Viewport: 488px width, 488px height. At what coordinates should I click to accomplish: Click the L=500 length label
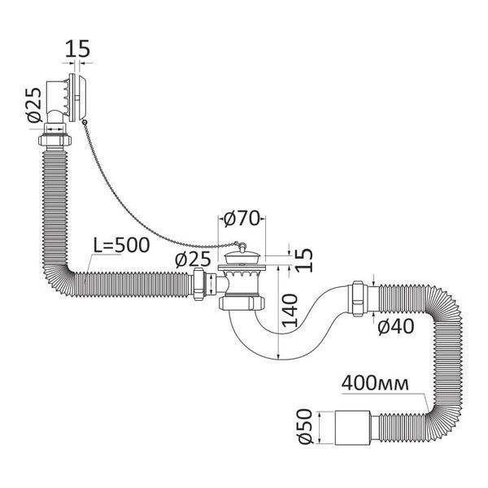pyautogui.click(x=122, y=246)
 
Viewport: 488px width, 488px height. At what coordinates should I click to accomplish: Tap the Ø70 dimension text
pyautogui.click(x=242, y=218)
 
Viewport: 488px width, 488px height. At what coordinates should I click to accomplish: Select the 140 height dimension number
pyautogui.click(x=290, y=311)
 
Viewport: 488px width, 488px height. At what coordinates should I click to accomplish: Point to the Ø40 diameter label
pyautogui.click(x=396, y=327)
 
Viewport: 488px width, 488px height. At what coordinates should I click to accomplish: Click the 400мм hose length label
pyautogui.click(x=375, y=384)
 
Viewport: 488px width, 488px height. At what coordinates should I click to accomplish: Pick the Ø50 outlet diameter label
pyautogui.click(x=305, y=427)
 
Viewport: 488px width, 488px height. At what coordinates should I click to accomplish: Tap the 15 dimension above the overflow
pyautogui.click(x=77, y=49)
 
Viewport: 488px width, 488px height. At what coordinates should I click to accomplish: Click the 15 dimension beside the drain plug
pyautogui.click(x=304, y=260)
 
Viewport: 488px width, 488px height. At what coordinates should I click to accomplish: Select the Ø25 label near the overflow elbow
pyautogui.click(x=33, y=105)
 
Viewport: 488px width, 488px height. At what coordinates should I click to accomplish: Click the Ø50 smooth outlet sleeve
pyautogui.click(x=352, y=427)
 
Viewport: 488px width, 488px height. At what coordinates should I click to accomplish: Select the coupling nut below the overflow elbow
pyautogui.click(x=55, y=140)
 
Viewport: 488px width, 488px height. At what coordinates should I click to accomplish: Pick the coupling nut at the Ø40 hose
pyautogui.click(x=359, y=298)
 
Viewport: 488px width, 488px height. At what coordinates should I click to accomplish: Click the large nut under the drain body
pyautogui.click(x=242, y=303)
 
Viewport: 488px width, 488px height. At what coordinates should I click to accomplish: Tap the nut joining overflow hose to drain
pyautogui.click(x=199, y=284)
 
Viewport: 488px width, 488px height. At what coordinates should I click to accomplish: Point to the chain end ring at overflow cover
pyautogui.click(x=84, y=123)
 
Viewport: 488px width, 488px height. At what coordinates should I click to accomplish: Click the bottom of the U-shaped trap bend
pyautogui.click(x=278, y=359)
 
